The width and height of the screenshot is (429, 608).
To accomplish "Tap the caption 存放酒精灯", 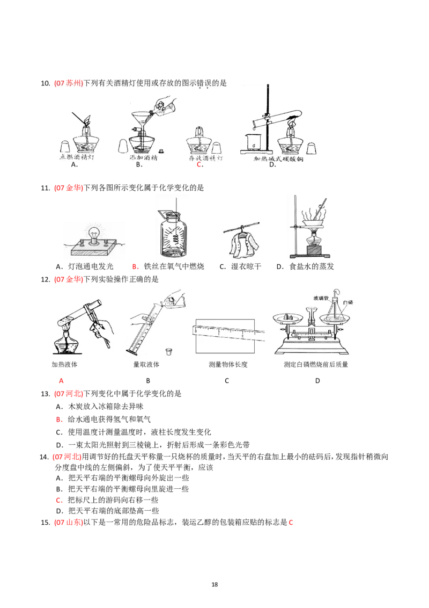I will (206, 158).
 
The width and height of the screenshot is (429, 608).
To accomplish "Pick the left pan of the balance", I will (290, 319).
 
